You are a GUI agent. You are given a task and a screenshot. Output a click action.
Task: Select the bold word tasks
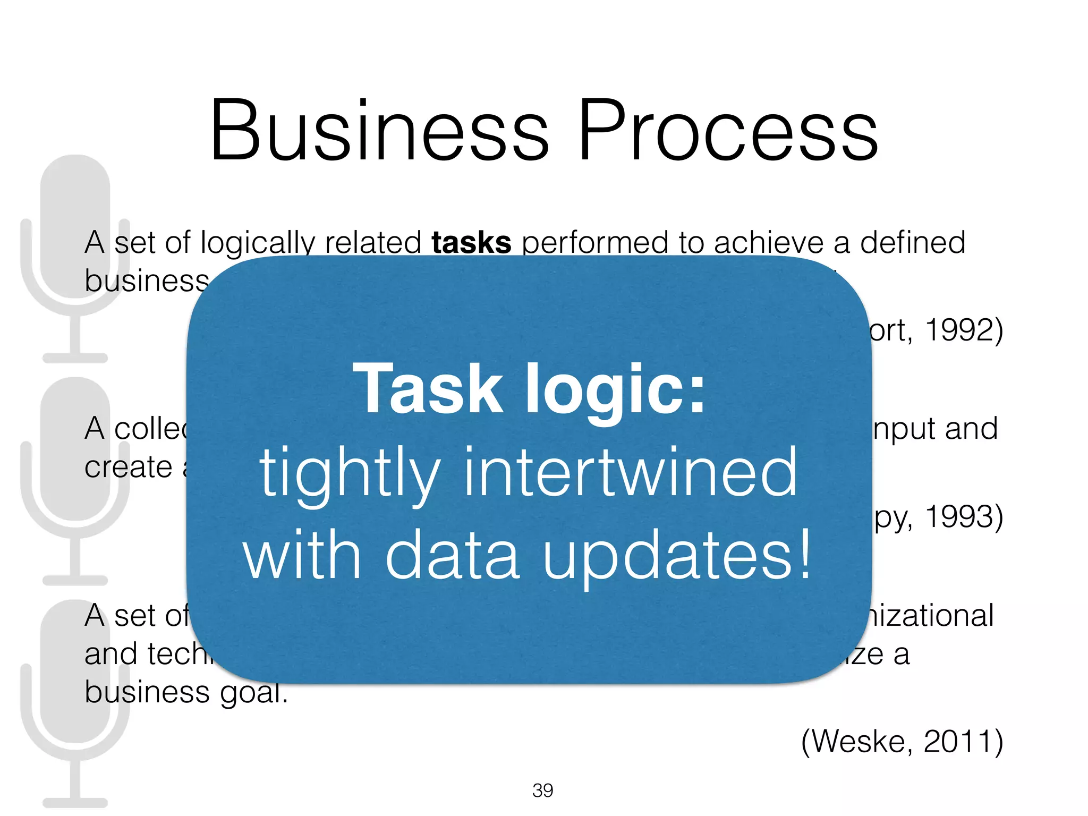[x=471, y=243]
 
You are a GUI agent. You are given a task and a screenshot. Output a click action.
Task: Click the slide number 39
[x=542, y=790]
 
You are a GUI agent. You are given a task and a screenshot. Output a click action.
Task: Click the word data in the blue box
[x=452, y=555]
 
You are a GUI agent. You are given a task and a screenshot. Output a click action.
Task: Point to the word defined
[x=912, y=243]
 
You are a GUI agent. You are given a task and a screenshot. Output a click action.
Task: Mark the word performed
[x=594, y=243]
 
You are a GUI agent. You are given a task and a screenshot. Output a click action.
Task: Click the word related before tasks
[x=373, y=243]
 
